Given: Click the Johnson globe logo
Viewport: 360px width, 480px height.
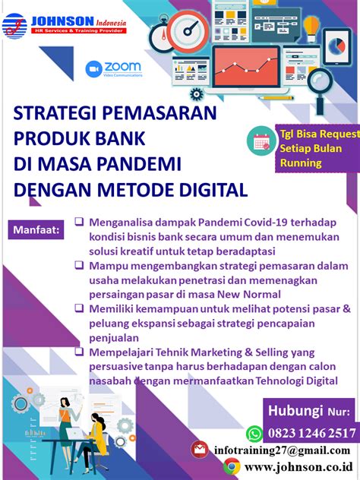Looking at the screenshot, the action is click(14, 27).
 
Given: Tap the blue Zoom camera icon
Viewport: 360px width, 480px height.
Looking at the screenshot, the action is click(93, 69).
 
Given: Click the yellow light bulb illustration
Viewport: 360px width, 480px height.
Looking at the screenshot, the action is click(311, 29).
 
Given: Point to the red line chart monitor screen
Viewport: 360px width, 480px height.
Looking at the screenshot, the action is click(246, 67).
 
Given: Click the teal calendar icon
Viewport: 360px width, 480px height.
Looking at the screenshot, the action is click(261, 141).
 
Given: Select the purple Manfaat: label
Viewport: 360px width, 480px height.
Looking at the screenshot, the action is click(36, 229).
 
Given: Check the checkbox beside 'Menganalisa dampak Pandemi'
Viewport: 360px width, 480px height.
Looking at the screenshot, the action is click(79, 221).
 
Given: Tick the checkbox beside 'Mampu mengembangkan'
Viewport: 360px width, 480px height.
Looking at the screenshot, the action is click(79, 265).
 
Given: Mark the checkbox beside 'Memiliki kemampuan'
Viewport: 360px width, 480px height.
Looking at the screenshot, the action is click(79, 308).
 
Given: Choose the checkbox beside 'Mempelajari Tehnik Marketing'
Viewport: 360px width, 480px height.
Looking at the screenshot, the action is click(79, 352).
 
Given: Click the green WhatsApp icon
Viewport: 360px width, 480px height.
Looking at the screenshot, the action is click(254, 434).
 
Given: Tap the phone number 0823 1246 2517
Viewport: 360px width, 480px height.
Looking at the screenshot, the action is click(311, 433).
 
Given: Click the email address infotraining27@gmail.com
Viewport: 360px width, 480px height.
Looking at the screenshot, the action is click(282, 450).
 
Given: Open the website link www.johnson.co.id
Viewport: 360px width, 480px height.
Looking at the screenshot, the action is click(298, 467).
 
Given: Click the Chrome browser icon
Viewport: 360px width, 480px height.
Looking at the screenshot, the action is click(232, 466).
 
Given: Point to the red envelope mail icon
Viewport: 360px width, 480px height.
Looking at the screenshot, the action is click(200, 450).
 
